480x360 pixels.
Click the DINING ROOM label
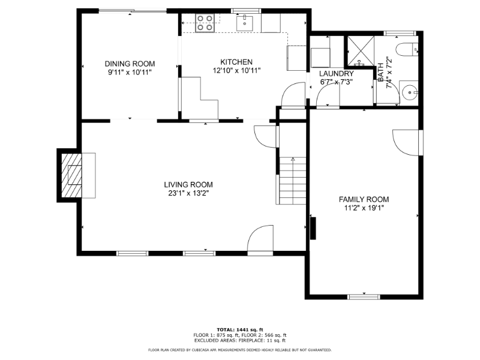[130, 64]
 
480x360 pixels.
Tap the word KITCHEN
[236, 62]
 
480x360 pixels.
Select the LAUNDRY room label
[336, 73]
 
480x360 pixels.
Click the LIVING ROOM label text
[188, 184]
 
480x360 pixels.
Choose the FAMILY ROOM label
[364, 199]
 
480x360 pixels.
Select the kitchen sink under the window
[246, 23]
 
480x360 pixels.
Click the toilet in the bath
[406, 49]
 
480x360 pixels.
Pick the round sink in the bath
[409, 92]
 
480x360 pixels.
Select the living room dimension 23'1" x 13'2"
[188, 193]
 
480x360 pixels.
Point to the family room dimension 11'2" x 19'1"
[364, 208]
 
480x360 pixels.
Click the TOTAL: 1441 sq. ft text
[240, 329]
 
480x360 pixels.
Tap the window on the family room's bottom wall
[364, 296]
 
